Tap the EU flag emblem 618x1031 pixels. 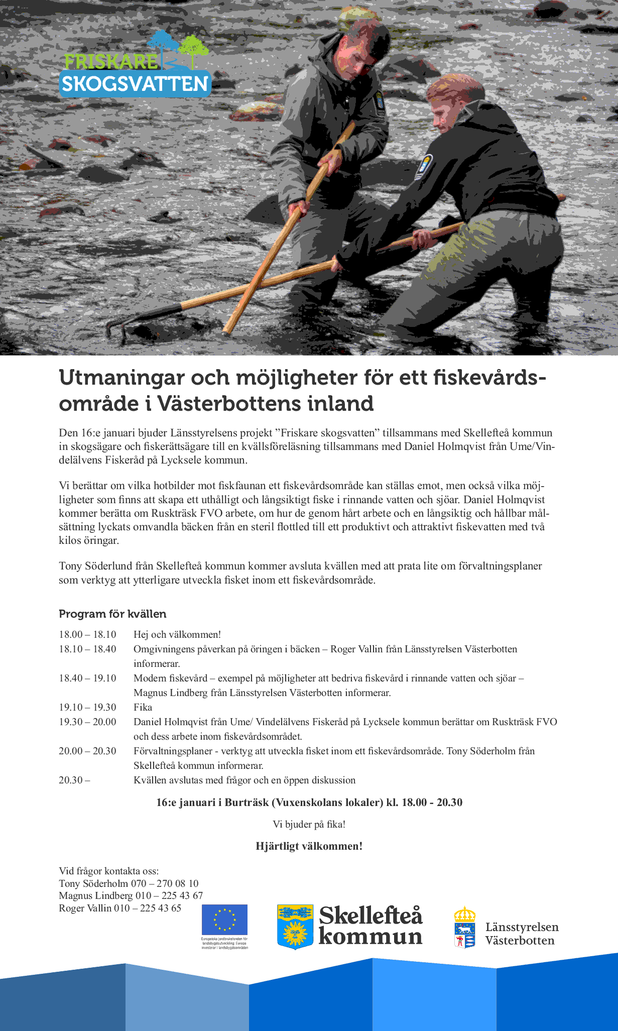(x=224, y=919)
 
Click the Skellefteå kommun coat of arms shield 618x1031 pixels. (x=295, y=927)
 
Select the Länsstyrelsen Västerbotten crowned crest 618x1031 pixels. (x=465, y=927)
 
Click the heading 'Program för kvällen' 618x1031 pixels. (x=112, y=614)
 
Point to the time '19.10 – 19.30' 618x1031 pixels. (x=87, y=707)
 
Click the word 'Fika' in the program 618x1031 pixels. (x=143, y=707)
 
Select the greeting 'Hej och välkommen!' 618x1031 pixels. (x=177, y=634)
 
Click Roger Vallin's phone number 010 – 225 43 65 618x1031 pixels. (x=148, y=908)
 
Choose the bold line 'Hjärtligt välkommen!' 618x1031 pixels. (x=309, y=846)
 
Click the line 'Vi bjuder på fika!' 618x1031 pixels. (x=309, y=824)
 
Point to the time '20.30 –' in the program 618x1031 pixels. (x=74, y=780)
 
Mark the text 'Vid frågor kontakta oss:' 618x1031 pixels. (x=109, y=871)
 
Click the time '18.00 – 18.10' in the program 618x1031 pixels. (x=87, y=634)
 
